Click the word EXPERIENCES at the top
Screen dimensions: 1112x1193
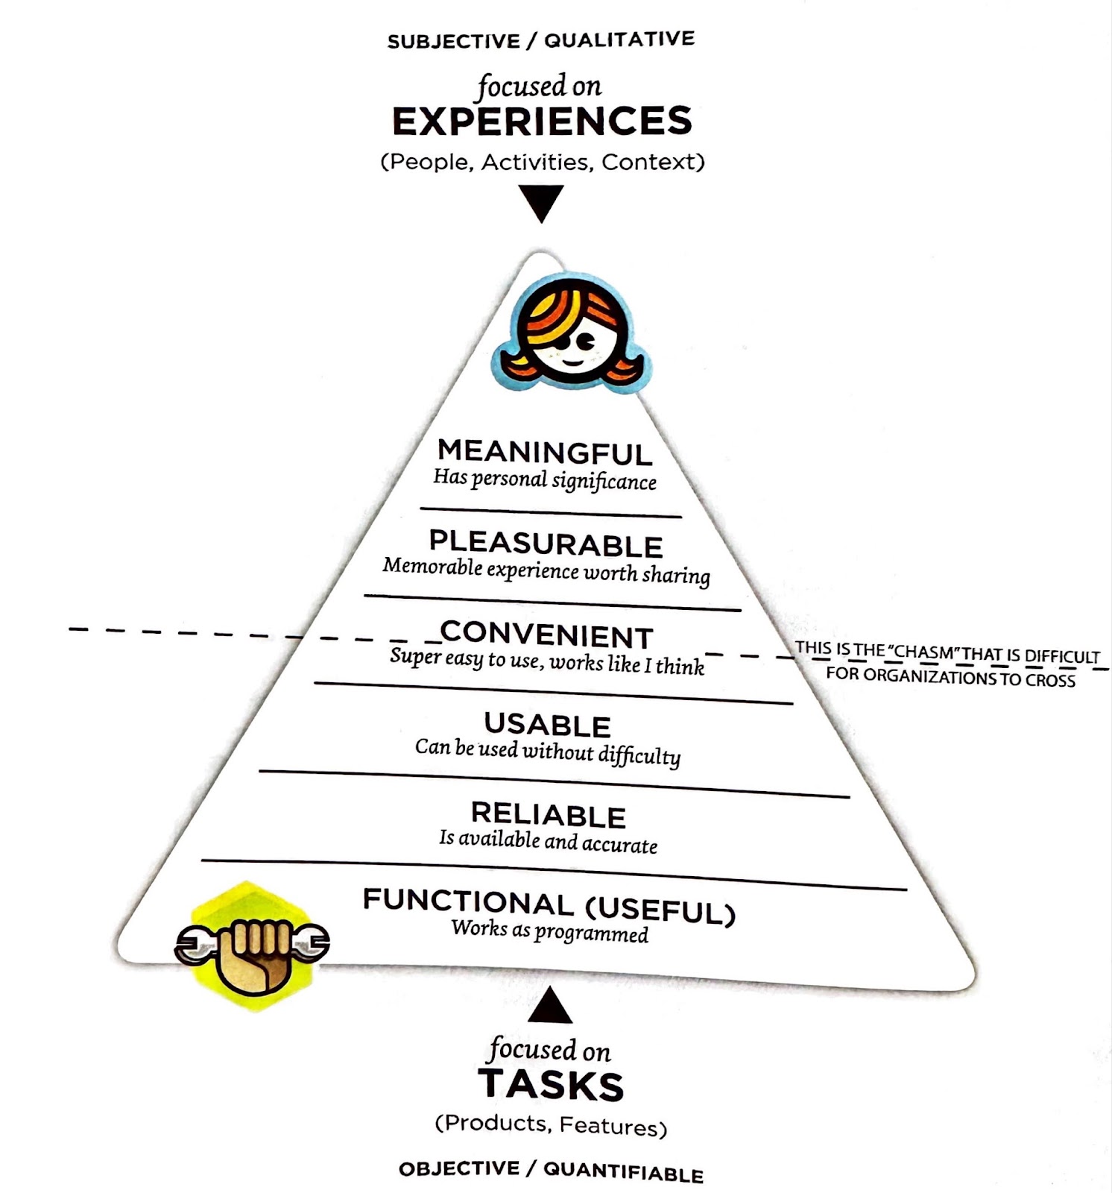542,122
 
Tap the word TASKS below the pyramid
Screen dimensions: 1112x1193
551,1084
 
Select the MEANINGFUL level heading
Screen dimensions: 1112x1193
545,452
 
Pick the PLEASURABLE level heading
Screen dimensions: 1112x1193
546,544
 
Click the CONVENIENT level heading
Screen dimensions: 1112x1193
546,635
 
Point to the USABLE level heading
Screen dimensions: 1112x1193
547,725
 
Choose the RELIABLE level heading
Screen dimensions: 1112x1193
549,815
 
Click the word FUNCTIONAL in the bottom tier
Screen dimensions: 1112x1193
468,902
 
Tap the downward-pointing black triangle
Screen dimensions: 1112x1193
541,203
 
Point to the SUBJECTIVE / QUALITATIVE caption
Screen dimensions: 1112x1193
540,40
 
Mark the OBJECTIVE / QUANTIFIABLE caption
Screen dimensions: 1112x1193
551,1171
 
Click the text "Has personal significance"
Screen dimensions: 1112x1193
545,479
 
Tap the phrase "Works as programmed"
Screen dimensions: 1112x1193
549,931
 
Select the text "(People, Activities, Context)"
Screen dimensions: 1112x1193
542,162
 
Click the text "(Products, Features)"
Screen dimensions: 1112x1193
551,1125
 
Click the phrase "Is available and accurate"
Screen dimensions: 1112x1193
548,842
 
